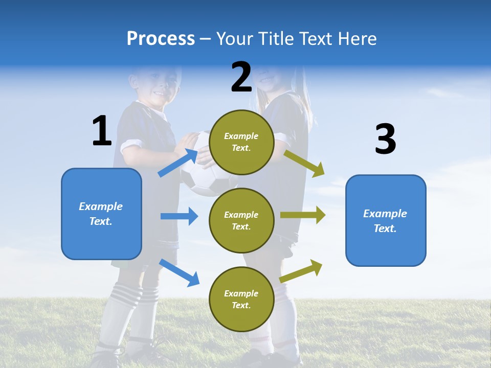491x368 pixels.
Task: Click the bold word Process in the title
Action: pyautogui.click(x=161, y=39)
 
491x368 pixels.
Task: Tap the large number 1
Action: pyautogui.click(x=102, y=131)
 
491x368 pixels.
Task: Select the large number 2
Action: pyautogui.click(x=241, y=77)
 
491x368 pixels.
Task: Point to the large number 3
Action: pyautogui.click(x=385, y=139)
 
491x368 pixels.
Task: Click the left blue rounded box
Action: pyautogui.click(x=101, y=214)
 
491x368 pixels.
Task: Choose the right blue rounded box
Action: pyautogui.click(x=386, y=221)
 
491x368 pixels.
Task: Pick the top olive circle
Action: pyautogui.click(x=241, y=142)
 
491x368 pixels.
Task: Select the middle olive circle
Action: pyautogui.click(x=241, y=220)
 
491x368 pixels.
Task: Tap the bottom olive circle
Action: pyautogui.click(x=241, y=299)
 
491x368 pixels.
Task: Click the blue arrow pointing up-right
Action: pyautogui.click(x=178, y=163)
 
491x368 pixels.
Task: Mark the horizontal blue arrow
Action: pyautogui.click(x=179, y=216)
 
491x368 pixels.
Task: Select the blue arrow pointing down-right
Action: pyautogui.click(x=179, y=272)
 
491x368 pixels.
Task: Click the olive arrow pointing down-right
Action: pyautogui.click(x=304, y=164)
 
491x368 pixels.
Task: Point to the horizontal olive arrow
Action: pyautogui.click(x=303, y=215)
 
